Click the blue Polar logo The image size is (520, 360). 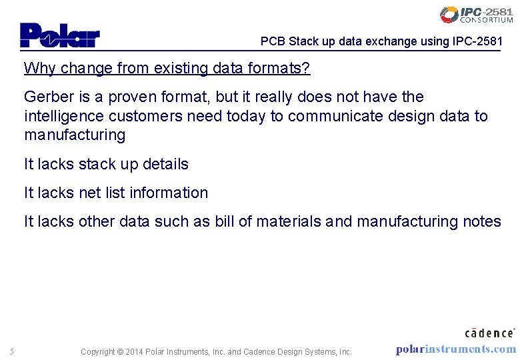59,35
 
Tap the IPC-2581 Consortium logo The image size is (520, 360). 476,15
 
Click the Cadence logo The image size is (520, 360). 489,331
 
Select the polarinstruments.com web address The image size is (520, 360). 455,349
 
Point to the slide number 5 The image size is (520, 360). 12,352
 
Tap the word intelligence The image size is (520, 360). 65,117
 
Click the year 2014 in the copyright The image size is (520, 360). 135,352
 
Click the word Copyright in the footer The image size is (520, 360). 97,352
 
